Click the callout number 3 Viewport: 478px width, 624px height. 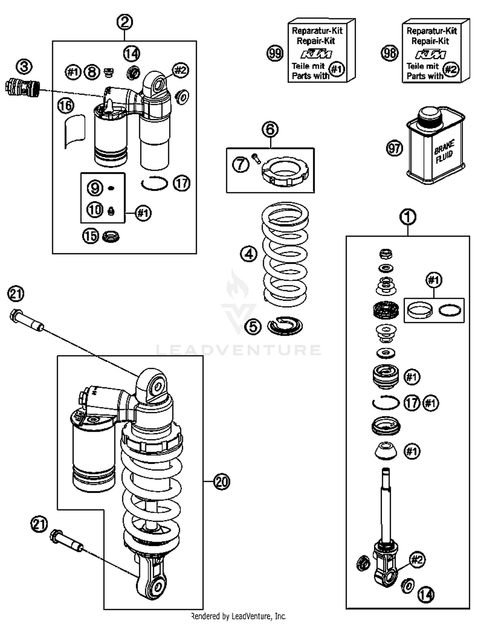pyautogui.click(x=25, y=67)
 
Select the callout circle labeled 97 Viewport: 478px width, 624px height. pyautogui.click(x=395, y=148)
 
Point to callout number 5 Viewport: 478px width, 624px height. pyautogui.click(x=253, y=326)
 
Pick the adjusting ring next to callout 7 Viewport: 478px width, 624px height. pyautogui.click(x=285, y=172)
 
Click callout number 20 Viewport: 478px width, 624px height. pyautogui.click(x=221, y=482)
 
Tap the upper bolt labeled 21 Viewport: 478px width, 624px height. pyautogui.click(x=27, y=320)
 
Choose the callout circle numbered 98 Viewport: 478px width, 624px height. pyautogui.click(x=390, y=53)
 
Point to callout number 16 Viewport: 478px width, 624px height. pyautogui.click(x=66, y=106)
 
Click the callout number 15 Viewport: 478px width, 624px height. pyautogui.click(x=91, y=236)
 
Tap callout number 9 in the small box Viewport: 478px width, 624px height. pyautogui.click(x=95, y=188)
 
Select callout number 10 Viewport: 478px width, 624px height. pyautogui.click(x=95, y=210)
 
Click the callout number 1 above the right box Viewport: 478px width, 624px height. pyautogui.click(x=408, y=217)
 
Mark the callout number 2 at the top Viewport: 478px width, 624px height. pyautogui.click(x=125, y=22)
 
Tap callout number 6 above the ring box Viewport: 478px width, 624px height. pyautogui.click(x=270, y=130)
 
